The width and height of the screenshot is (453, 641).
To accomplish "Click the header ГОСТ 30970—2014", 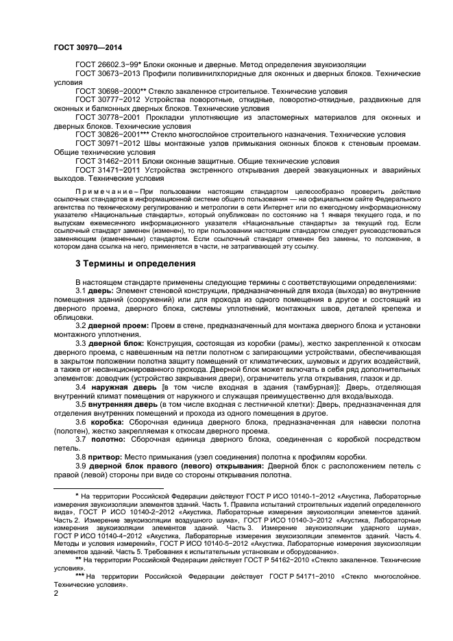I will tap(83, 47).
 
